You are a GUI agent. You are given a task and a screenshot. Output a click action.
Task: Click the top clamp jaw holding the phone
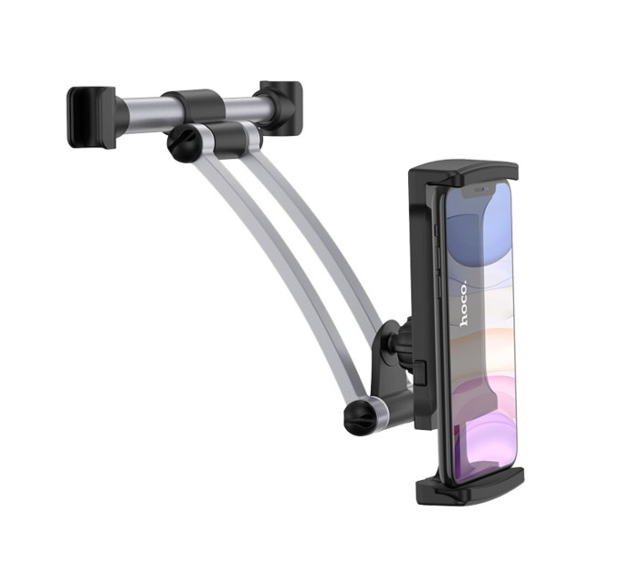[x=463, y=173]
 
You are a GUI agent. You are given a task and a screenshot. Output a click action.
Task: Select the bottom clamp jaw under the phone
[x=470, y=486]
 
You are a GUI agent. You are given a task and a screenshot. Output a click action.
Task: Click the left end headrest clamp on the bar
[x=93, y=118]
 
